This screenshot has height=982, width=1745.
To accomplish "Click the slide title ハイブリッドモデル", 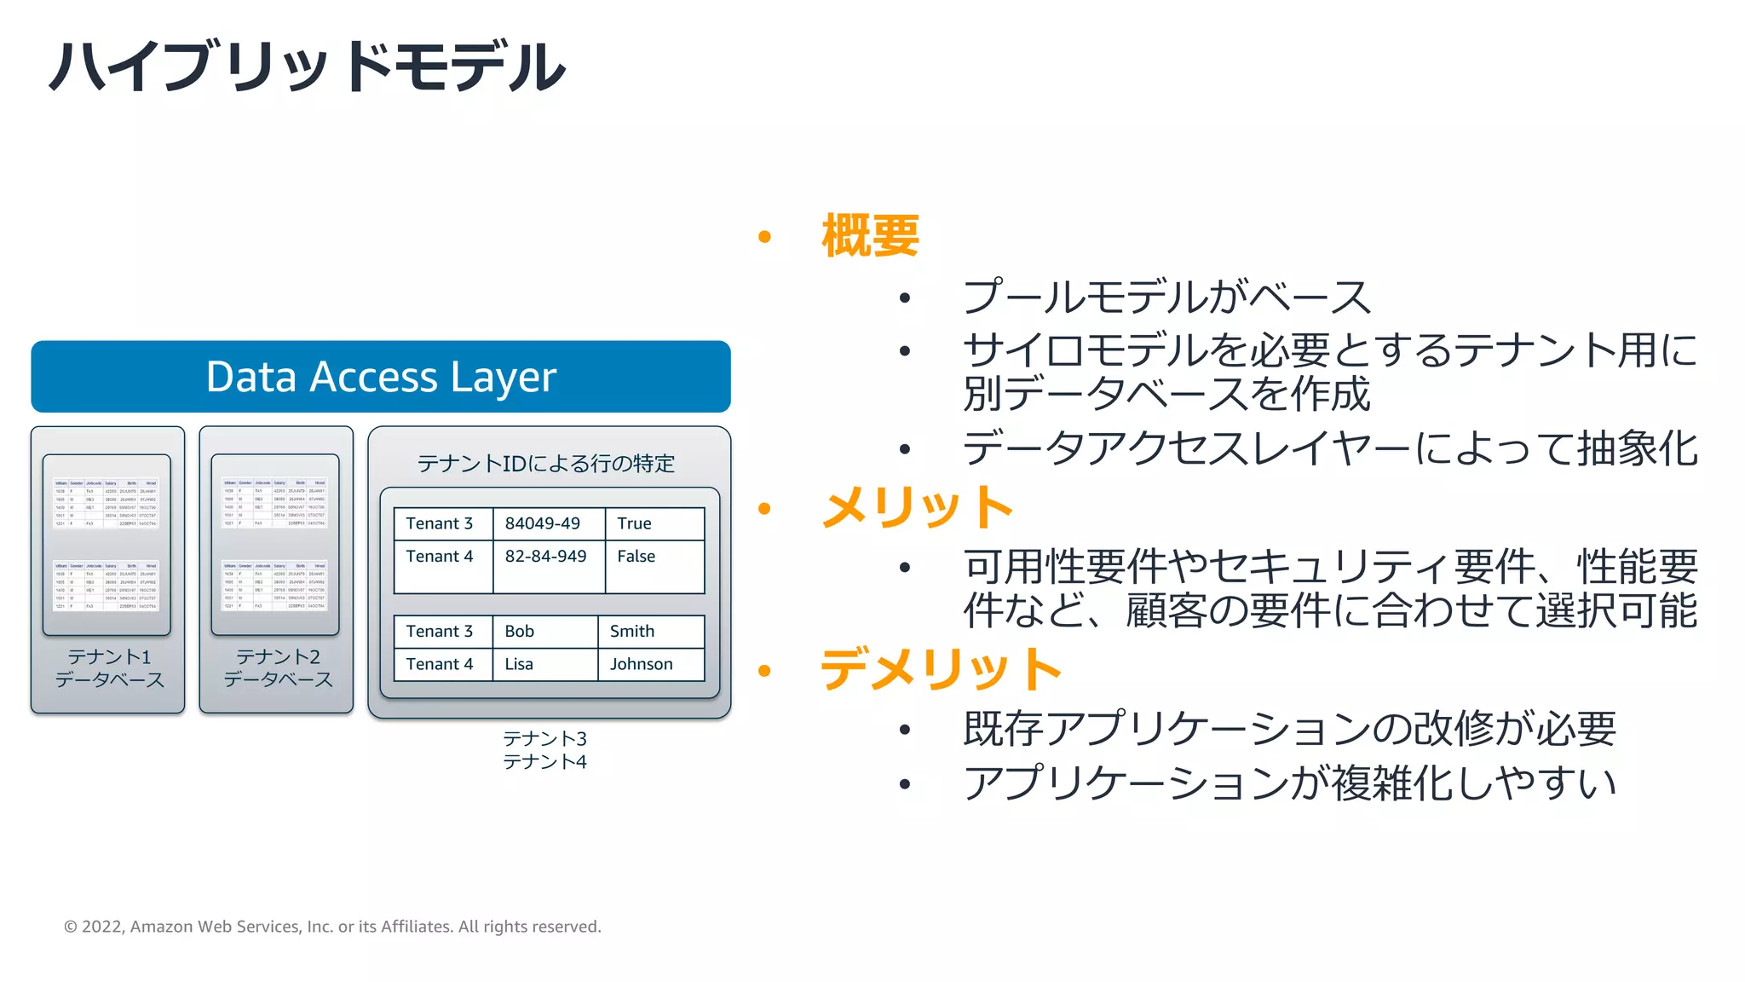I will coord(307,66).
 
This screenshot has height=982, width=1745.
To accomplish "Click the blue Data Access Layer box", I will coord(381,377).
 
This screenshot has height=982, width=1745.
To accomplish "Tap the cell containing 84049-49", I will coord(543,523).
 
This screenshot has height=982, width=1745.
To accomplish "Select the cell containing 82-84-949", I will coord(545,557).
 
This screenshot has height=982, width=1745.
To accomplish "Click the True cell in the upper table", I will coord(635,523).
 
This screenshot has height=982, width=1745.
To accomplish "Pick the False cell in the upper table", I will coord(636,557).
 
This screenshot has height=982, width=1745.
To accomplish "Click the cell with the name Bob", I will coord(520,632).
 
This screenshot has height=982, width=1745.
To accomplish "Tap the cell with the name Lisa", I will coord(519,664).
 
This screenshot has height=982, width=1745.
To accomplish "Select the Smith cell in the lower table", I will coord(632,632).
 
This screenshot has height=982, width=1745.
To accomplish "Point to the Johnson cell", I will coord(642,664).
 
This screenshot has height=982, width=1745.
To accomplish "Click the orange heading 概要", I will coord(870,236).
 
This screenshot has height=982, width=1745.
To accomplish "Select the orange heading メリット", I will coord(917,507).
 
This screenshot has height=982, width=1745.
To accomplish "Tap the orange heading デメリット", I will coord(941,669).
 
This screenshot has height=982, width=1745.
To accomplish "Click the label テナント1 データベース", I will coord(109,668).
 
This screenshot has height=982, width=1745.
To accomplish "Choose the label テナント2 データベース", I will coord(278,668).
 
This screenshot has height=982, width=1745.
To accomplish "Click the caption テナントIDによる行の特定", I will coord(546,464).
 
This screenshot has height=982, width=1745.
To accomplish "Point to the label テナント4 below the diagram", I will coord(544,762).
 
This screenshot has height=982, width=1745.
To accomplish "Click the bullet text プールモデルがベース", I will coord(1166,297).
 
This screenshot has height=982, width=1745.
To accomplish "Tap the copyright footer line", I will coord(332,927).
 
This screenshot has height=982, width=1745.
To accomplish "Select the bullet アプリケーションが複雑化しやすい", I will coord(1289,783).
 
